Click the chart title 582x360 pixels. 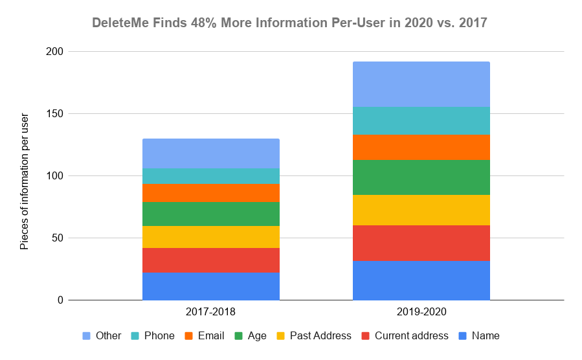coord(289,23)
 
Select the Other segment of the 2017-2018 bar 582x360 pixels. coord(210,153)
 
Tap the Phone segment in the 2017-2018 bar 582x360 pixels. coord(210,176)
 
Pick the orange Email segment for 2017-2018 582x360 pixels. coord(210,193)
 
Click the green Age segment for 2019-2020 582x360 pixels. coord(421,177)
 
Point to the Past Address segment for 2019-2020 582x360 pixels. coord(421,210)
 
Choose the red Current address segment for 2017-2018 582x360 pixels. coord(210,260)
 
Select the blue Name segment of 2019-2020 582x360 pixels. coord(421,280)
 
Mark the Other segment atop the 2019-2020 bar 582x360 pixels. coord(421,84)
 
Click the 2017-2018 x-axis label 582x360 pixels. coord(210,311)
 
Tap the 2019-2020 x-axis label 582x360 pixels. coord(421,311)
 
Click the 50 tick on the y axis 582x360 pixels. coord(58,238)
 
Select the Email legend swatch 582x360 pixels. coord(189,335)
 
